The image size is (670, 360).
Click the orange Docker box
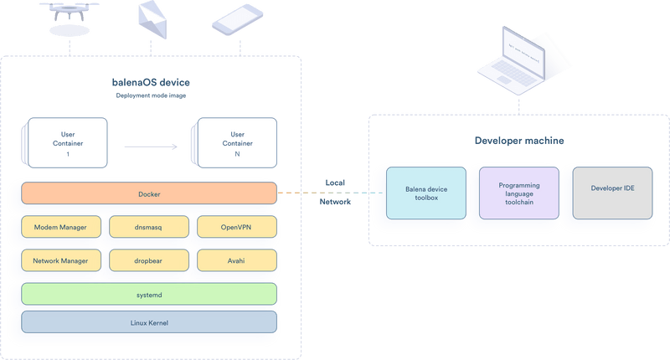click(x=148, y=193)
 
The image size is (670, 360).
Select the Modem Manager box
click(x=60, y=227)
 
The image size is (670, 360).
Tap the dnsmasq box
click(x=147, y=227)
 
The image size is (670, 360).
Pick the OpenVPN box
click(x=235, y=227)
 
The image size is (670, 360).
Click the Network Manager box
click(x=60, y=260)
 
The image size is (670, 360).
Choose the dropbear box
click(x=147, y=260)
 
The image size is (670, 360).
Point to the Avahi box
click(x=235, y=260)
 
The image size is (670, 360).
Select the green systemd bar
click(x=148, y=294)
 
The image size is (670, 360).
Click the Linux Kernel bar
click(x=148, y=321)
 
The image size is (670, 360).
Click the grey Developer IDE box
click(x=612, y=189)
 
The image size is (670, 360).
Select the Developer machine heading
click(x=518, y=140)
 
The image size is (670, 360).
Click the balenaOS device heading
click(x=151, y=83)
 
